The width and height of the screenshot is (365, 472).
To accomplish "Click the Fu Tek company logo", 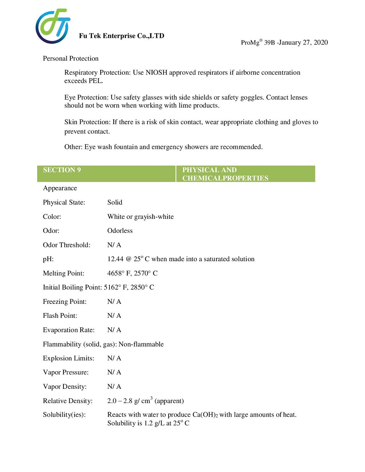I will point(53,26).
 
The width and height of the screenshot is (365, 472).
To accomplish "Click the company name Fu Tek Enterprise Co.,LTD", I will point(122,36).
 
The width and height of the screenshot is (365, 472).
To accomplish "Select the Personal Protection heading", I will point(70,58).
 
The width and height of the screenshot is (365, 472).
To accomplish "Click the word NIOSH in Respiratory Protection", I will point(156,72).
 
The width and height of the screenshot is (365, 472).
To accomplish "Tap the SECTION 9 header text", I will point(62,170).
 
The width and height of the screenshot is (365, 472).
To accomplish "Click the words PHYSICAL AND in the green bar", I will point(209,170).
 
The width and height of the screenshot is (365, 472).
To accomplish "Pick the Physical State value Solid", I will point(115,202).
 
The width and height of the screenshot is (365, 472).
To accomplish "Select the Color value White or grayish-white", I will point(141,217).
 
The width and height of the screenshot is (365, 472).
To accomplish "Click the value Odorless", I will point(120,231).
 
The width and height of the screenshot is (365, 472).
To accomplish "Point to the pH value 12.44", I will point(115,259).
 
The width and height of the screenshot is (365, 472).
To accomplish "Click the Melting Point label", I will point(64,273).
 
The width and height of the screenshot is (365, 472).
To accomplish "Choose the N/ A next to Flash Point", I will point(114,316).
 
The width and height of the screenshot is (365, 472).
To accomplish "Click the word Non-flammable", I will point(141,344).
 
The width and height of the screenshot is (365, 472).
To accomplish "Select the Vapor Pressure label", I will point(66,372).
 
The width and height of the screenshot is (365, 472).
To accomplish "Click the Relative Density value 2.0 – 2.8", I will point(120,401).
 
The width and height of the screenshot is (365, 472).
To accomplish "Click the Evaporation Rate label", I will point(69,330).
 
